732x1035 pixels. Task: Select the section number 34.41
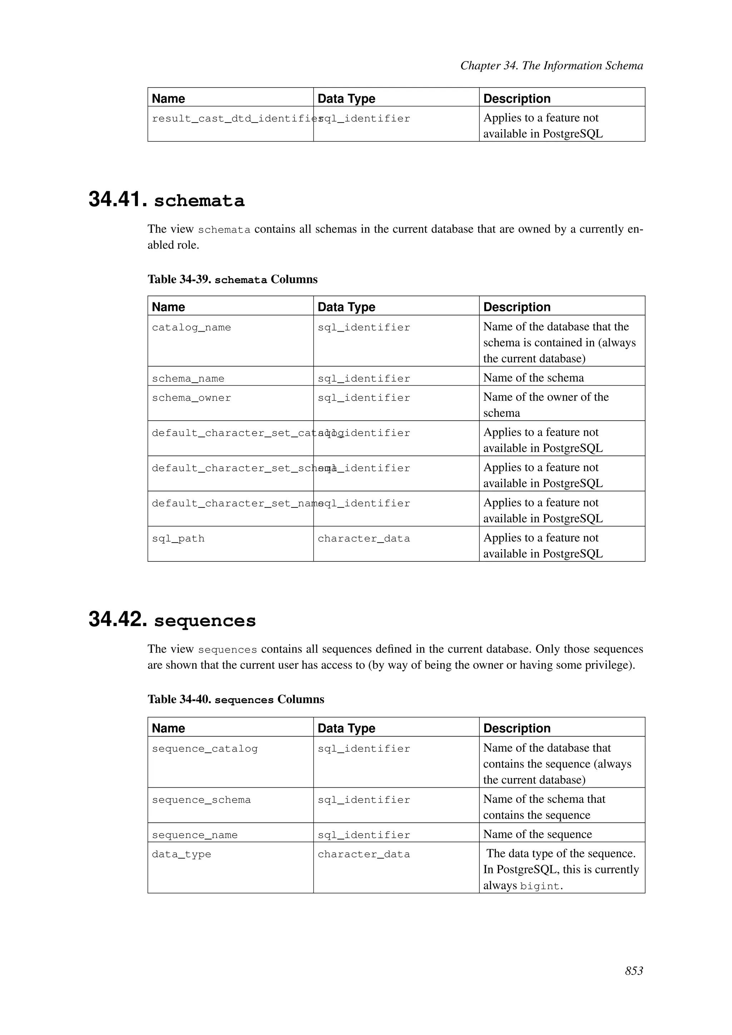tap(118, 200)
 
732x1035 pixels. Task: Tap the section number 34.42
tap(118, 619)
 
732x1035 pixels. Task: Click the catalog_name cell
tap(191, 327)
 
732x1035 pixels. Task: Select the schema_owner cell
tap(191, 397)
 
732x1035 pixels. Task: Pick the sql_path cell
tap(178, 538)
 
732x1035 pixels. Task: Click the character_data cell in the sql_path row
tap(364, 538)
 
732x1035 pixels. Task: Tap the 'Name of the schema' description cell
tap(533, 378)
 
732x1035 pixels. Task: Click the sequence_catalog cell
tap(205, 749)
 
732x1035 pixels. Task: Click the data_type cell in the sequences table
tap(181, 854)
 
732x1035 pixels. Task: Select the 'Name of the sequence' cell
tap(537, 835)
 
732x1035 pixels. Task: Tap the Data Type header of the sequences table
tap(346, 728)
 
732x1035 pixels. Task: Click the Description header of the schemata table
tap(516, 307)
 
